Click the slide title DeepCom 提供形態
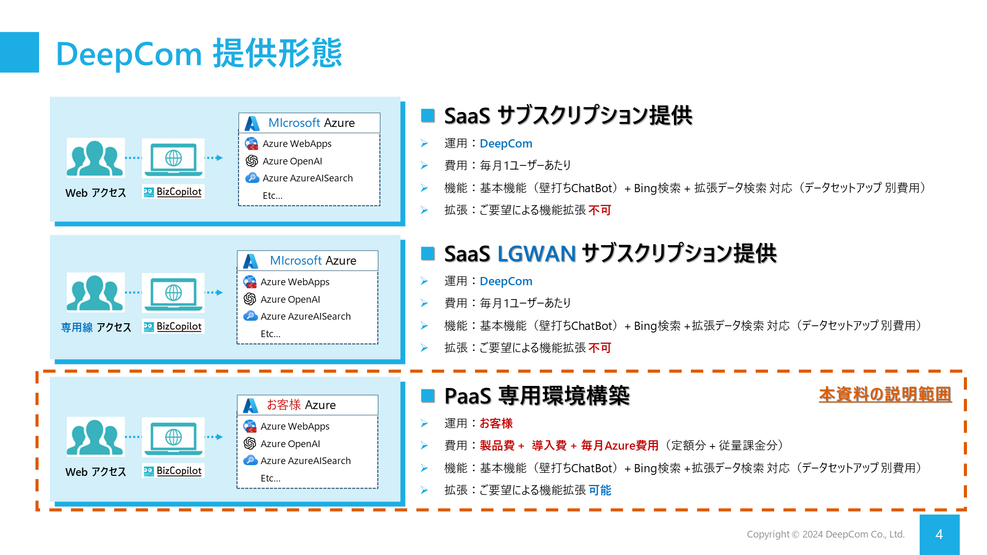(x=199, y=53)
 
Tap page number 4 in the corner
(x=939, y=534)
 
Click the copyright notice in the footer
(x=825, y=534)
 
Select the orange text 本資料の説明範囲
(x=885, y=394)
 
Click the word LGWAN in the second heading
(x=536, y=254)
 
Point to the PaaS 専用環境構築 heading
(x=537, y=396)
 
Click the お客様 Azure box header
(x=307, y=405)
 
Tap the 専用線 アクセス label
(x=96, y=327)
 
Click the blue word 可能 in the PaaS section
(x=599, y=490)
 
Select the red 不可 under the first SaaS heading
(x=599, y=210)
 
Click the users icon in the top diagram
(x=96, y=158)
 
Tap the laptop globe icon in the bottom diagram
(x=173, y=437)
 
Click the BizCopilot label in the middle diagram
(x=178, y=326)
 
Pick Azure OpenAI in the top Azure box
(x=292, y=161)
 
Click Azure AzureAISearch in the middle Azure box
(x=305, y=317)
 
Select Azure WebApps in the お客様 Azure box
(x=295, y=427)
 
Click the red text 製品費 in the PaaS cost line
(x=497, y=446)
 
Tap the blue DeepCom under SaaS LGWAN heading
(x=506, y=282)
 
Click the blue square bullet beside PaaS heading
(x=428, y=396)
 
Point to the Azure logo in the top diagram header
(x=252, y=123)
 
